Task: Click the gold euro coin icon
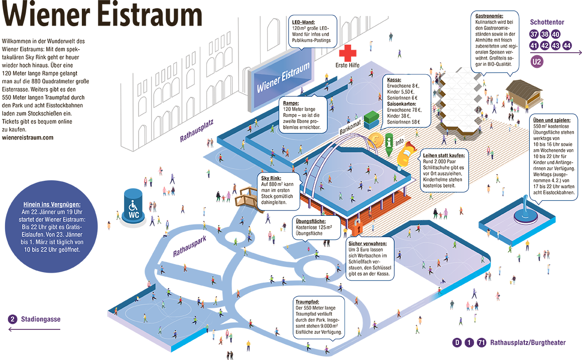point(375,141)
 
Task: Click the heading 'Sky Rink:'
point(271,178)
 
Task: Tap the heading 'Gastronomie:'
point(490,16)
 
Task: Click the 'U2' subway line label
point(536,62)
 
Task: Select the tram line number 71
point(481,343)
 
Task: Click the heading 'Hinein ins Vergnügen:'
point(52,204)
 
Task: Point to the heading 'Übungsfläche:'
point(311,221)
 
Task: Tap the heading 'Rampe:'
point(293,103)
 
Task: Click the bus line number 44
point(567,46)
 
